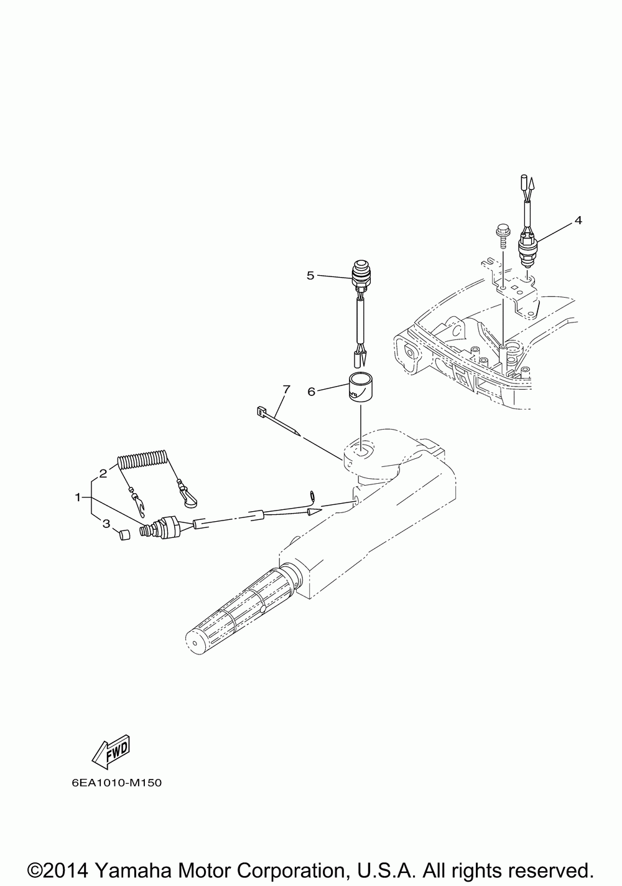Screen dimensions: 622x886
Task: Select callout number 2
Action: point(103,473)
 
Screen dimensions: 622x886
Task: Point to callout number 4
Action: point(578,220)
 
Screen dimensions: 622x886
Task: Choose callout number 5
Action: point(310,275)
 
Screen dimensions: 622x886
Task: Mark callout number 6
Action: point(312,391)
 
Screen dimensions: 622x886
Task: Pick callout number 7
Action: point(285,390)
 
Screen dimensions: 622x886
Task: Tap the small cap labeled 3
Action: point(124,535)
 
